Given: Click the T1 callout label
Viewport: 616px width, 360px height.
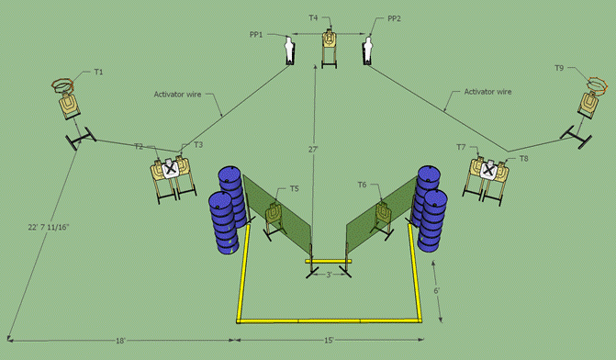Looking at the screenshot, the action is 98,72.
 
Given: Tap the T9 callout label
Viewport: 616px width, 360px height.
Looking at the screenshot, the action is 559,68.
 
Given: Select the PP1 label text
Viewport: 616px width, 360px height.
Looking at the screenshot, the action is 256,35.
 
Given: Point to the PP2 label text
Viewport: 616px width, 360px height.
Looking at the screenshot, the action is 394,18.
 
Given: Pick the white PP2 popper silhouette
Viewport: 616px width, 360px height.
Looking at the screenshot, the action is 367,50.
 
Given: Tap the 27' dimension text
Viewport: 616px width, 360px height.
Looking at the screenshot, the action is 313,150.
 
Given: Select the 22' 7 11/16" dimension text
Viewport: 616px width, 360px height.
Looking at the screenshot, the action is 49,228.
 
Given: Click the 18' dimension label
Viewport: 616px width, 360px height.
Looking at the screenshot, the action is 120,341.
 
